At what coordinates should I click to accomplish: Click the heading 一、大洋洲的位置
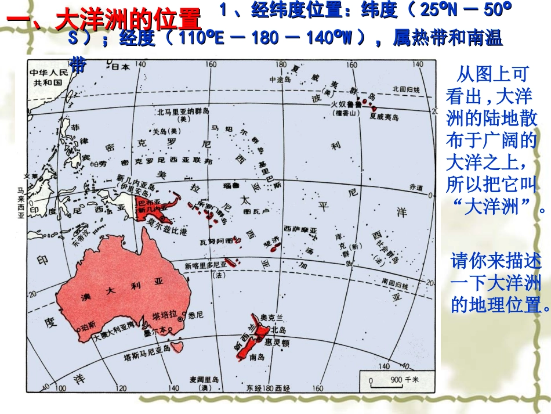104,20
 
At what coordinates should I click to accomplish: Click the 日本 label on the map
120,67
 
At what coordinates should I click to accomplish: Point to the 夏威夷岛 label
384,117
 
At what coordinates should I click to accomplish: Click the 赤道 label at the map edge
416,188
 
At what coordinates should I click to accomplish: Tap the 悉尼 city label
196,316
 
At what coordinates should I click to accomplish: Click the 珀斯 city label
88,326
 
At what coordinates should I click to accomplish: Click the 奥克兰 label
271,317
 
